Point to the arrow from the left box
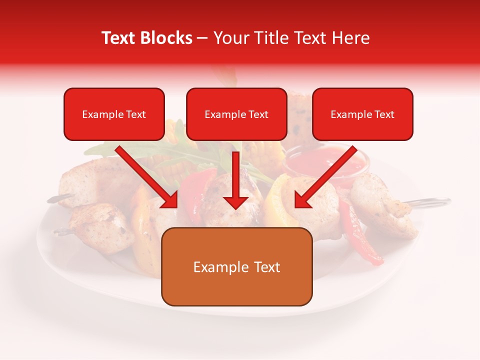147,177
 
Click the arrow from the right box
325,177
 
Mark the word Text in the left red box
136,114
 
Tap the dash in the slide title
202,38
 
